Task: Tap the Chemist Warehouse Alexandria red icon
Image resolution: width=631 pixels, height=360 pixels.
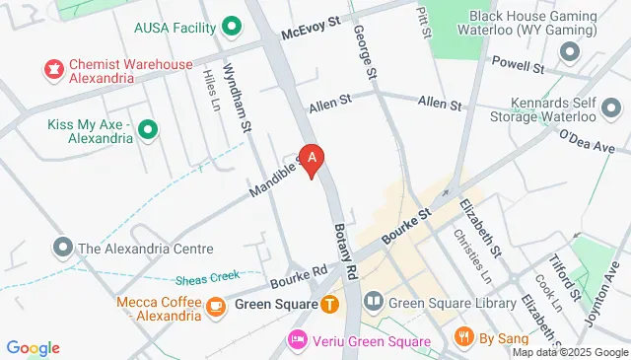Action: [52, 68]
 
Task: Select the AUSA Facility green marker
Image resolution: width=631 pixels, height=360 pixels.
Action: [233, 26]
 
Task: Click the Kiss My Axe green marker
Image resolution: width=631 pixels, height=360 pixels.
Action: [148, 128]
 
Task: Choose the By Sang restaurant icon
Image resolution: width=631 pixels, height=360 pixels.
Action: [465, 338]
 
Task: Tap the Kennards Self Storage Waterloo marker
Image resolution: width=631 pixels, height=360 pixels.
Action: [611, 106]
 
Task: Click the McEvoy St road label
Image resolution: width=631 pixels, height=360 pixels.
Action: [311, 26]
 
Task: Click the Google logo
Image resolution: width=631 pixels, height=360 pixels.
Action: [34, 347]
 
